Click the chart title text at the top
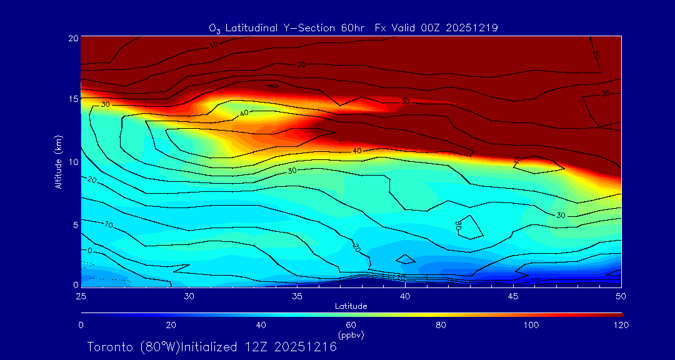click(353, 27)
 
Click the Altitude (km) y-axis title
click(58, 162)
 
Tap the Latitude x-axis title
click(351, 306)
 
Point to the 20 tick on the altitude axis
click(73, 37)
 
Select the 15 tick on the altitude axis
click(73, 99)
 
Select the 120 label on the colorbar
click(621, 325)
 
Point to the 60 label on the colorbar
click(351, 325)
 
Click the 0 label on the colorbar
click(81, 325)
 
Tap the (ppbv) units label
click(351, 335)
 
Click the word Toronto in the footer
click(110, 347)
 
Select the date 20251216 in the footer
click(306, 347)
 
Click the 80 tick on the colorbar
click(441, 325)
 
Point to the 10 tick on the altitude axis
click(73, 162)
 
